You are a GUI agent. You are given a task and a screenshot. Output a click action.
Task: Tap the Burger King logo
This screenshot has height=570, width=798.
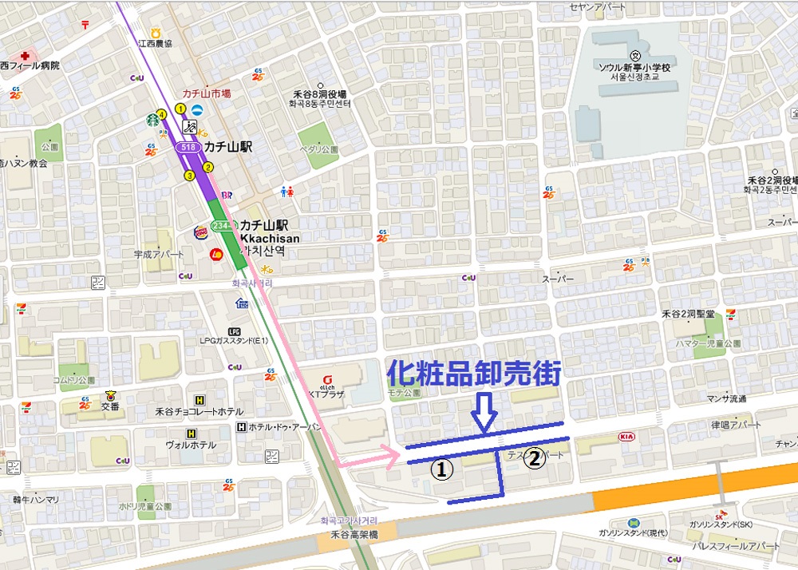[x=201, y=233]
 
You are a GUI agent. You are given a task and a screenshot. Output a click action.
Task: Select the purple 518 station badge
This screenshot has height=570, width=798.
[x=188, y=148]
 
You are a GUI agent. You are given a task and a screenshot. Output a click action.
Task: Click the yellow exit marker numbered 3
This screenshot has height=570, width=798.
[x=189, y=175]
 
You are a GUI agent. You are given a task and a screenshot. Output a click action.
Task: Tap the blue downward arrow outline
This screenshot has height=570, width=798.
[x=485, y=414]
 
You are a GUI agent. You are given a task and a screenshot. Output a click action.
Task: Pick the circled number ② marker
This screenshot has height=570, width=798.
[x=534, y=458]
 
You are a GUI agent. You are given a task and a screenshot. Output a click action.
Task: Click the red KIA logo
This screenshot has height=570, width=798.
[x=627, y=437]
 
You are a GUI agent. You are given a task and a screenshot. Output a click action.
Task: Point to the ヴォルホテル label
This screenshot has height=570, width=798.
[x=190, y=444]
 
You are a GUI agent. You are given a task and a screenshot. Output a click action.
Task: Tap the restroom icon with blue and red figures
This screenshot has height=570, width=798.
[x=288, y=192]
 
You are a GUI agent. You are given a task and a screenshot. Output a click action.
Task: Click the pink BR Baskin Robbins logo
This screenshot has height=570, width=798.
[x=227, y=194]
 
